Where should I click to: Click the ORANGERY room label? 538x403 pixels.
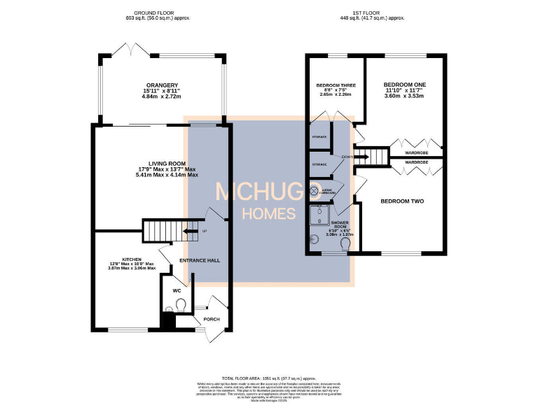point(161,87)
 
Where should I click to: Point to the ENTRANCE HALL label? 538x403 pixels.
point(200,260)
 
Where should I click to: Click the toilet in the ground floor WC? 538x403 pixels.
point(181,304)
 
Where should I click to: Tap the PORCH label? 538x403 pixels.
point(211,320)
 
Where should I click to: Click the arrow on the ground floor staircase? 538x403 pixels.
point(188,230)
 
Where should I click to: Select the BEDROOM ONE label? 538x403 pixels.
point(404,85)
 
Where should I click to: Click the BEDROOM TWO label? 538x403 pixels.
point(402,201)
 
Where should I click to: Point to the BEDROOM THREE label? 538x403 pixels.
point(336,85)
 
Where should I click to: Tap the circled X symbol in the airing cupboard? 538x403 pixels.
point(314,190)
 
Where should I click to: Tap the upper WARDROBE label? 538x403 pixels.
point(417,153)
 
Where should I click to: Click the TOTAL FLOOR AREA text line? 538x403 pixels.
point(269,377)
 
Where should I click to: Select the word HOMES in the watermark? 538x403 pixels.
point(268,213)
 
